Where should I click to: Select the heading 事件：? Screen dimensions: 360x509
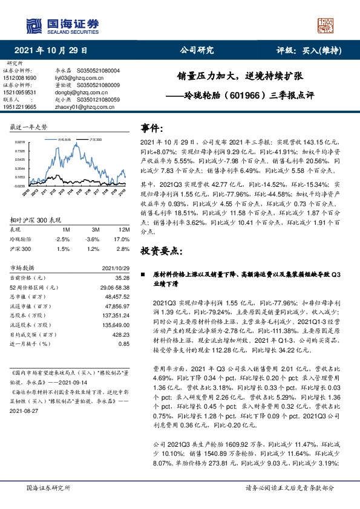pyautogui.click(x=152, y=128)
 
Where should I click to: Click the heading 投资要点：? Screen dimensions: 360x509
pyautogui.click(x=160, y=250)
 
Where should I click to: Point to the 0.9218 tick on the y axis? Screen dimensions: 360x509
pyautogui.click(x=20, y=142)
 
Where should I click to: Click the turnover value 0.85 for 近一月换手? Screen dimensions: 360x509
pyautogui.click(x=124, y=343)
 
